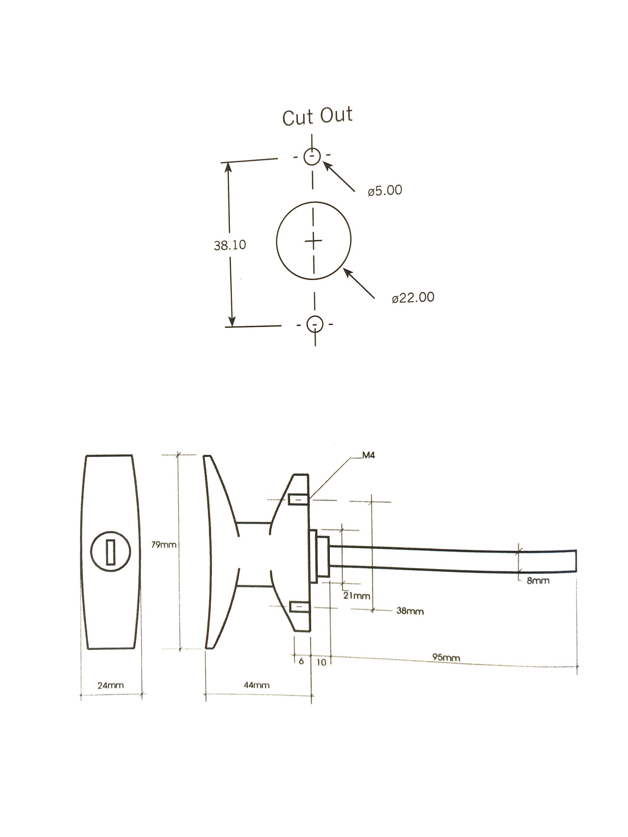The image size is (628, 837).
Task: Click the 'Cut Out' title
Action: pyautogui.click(x=317, y=116)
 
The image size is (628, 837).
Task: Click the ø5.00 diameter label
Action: pyautogui.click(x=385, y=190)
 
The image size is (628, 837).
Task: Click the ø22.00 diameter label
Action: pyautogui.click(x=413, y=298)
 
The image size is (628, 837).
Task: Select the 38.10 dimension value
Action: pyautogui.click(x=229, y=245)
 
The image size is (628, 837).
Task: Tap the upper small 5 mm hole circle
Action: pyautogui.click(x=312, y=156)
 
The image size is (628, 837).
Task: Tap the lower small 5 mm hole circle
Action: pyautogui.click(x=315, y=324)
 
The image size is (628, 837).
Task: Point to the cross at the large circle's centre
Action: pyautogui.click(x=313, y=240)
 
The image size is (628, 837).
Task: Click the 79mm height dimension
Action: pyautogui.click(x=163, y=544)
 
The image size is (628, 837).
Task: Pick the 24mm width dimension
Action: pyautogui.click(x=110, y=685)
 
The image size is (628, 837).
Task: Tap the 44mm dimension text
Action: pyautogui.click(x=256, y=685)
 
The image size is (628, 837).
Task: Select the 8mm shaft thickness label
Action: pyautogui.click(x=538, y=580)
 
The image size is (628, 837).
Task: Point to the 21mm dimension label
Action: pyautogui.click(x=356, y=595)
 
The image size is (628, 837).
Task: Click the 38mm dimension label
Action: pyautogui.click(x=410, y=611)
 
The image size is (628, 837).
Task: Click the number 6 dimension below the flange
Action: pyautogui.click(x=301, y=662)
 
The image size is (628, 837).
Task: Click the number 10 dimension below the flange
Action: pyautogui.click(x=321, y=662)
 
